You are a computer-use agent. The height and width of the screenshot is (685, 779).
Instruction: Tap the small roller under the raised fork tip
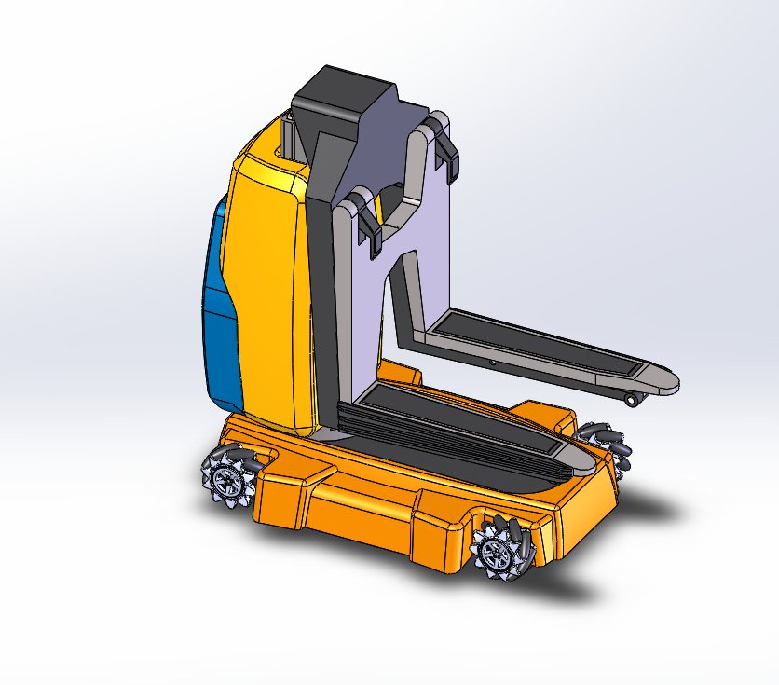tap(633, 400)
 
